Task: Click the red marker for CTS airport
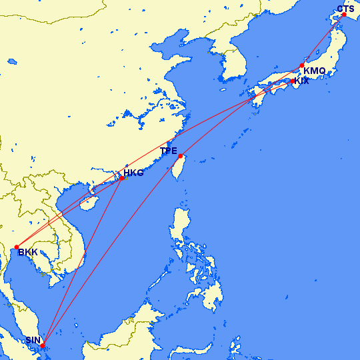pyautogui.click(x=344, y=15)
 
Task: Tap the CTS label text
pyautogui.click(x=345, y=9)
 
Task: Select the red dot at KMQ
pyautogui.click(x=301, y=65)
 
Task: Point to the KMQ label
pyautogui.click(x=314, y=71)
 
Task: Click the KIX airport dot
pyautogui.click(x=293, y=81)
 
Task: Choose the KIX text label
pyautogui.click(x=302, y=81)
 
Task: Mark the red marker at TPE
pyautogui.click(x=181, y=156)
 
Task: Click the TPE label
pyautogui.click(x=169, y=151)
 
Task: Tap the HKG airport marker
pyautogui.click(x=121, y=178)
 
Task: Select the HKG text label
pyautogui.click(x=133, y=173)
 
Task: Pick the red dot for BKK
pyautogui.click(x=16, y=247)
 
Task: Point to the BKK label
pyautogui.click(x=28, y=252)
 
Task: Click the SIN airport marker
pyautogui.click(x=43, y=345)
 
